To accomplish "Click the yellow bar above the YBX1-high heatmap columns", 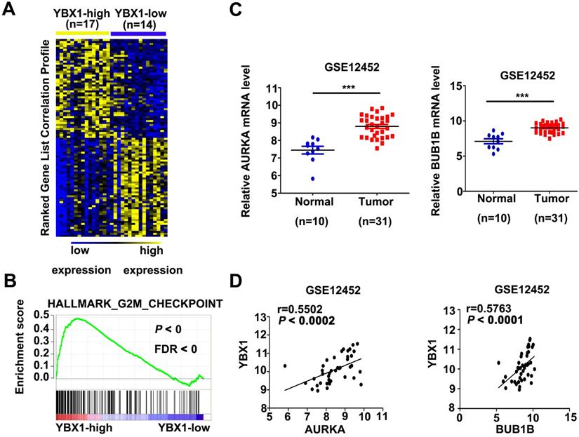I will (82, 32).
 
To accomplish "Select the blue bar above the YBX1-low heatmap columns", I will (138, 32).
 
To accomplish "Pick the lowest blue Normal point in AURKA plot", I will (303, 179).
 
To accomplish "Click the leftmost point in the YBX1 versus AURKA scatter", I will (285, 365).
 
